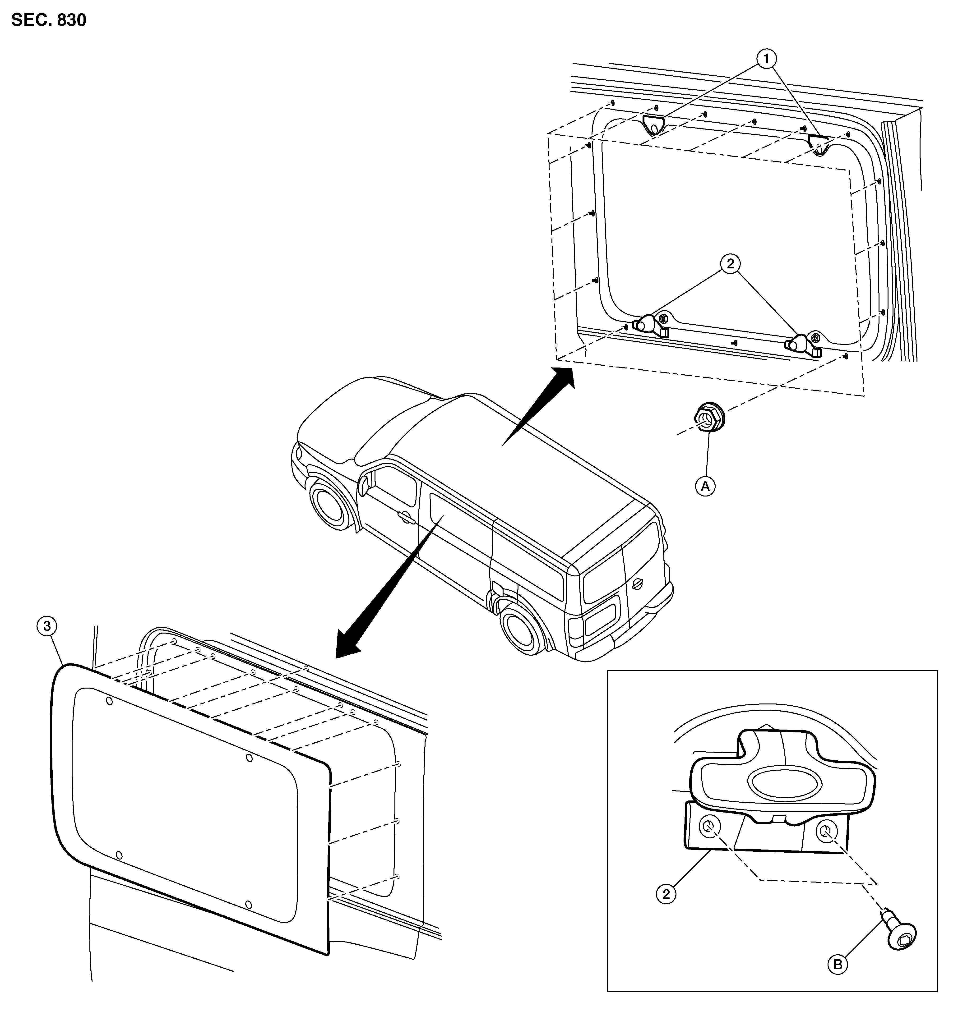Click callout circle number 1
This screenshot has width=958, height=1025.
point(766,59)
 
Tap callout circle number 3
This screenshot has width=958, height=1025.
point(47,626)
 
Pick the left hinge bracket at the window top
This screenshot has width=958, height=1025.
point(653,124)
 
